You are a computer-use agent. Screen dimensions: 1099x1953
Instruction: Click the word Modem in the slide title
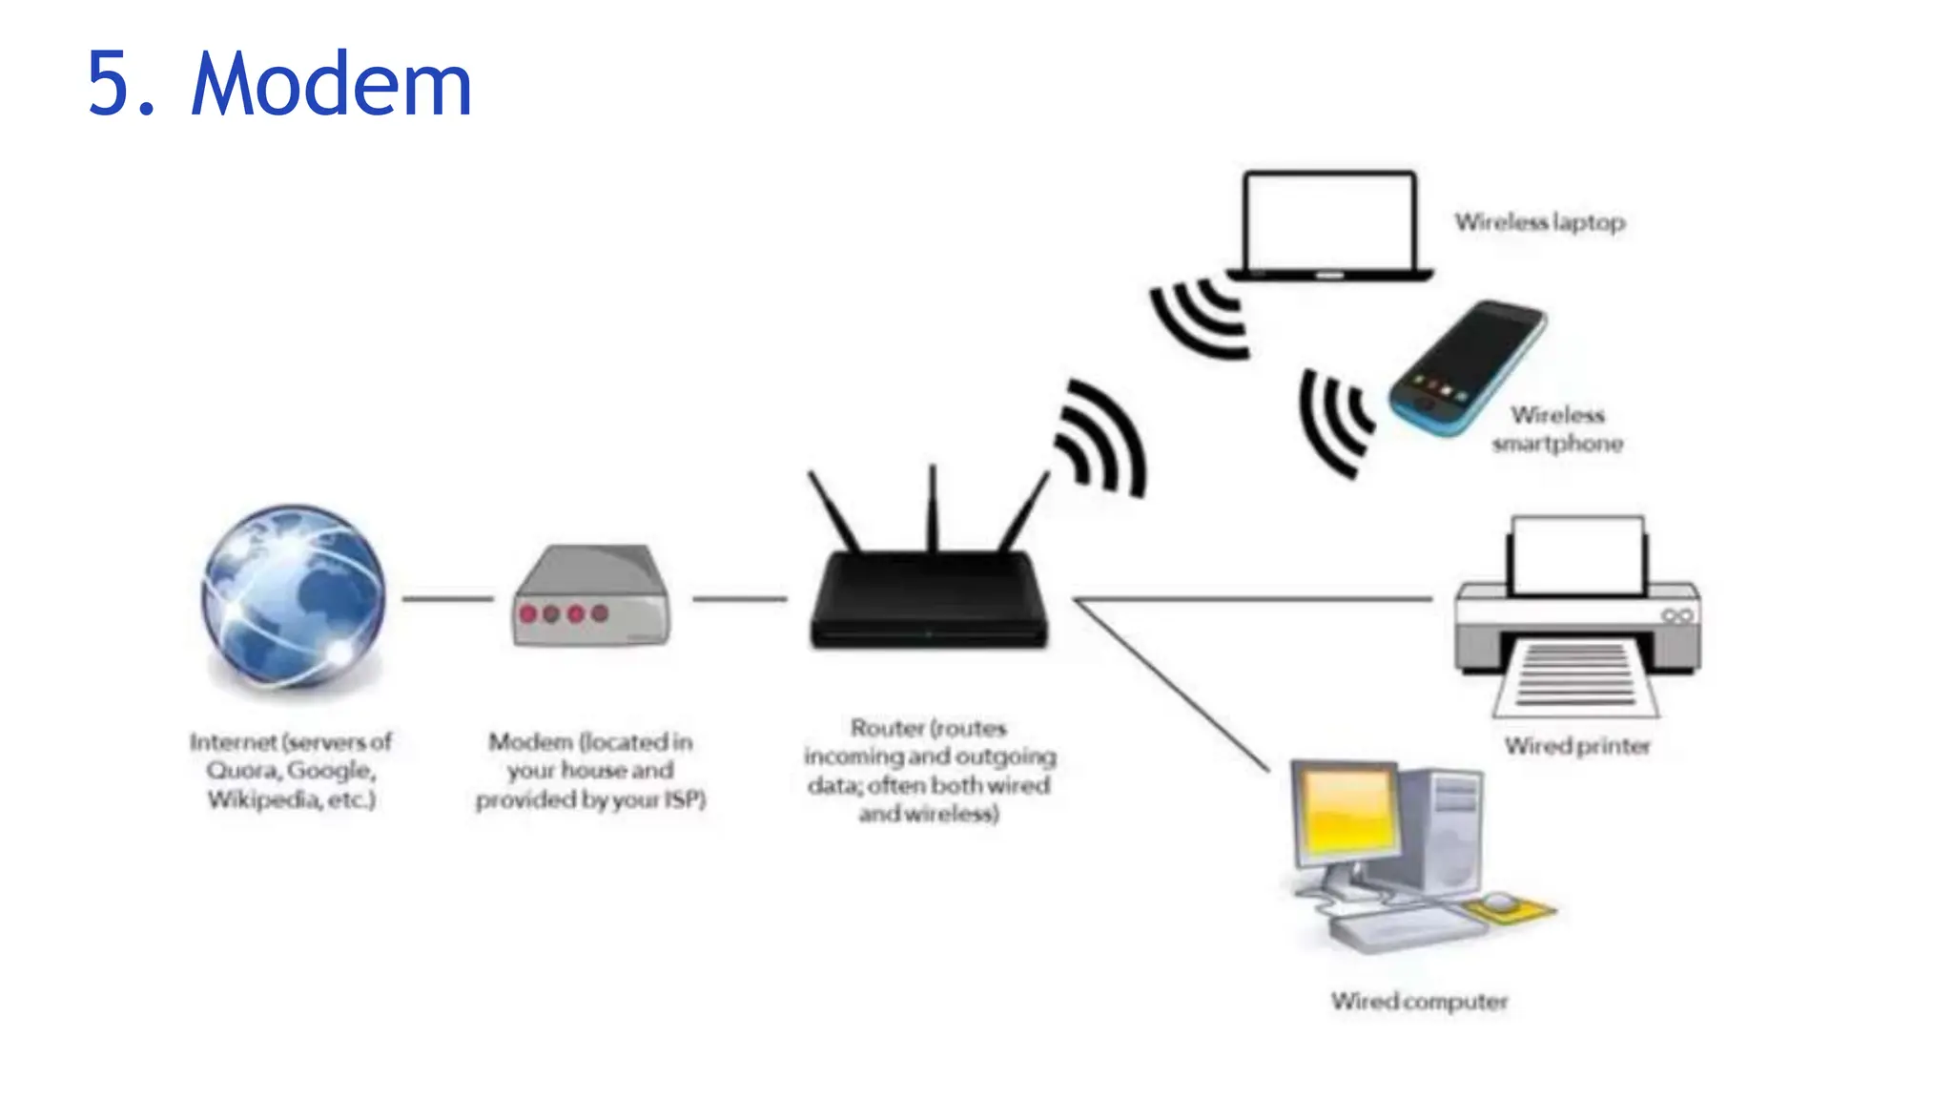click(x=331, y=86)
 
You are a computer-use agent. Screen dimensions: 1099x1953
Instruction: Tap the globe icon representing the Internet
click(x=294, y=596)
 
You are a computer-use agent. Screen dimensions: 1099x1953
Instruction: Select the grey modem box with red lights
click(x=590, y=599)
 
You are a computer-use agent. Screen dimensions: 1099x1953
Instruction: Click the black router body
click(x=929, y=601)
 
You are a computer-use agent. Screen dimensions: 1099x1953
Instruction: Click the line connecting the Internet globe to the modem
click(x=447, y=599)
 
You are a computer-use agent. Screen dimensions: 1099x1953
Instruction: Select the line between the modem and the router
click(x=739, y=599)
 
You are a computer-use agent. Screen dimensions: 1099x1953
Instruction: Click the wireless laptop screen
click(x=1329, y=221)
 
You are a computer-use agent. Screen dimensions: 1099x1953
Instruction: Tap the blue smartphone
click(x=1467, y=368)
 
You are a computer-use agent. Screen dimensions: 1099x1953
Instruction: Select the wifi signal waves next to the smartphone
click(x=1333, y=422)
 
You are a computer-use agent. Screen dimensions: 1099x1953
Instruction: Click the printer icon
click(x=1577, y=620)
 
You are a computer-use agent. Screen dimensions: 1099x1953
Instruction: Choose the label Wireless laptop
click(x=1539, y=222)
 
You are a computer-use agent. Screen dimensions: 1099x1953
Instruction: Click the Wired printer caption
click(x=1577, y=746)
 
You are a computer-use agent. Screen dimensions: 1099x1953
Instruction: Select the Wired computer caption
click(x=1419, y=1002)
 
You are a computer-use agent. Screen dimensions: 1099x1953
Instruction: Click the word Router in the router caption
click(x=887, y=729)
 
